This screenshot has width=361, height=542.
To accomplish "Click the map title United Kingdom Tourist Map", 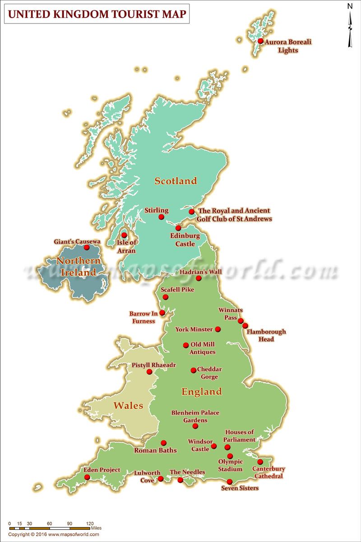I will (x=97, y=14).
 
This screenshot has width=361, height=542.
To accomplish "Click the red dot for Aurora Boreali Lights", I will (x=260, y=41).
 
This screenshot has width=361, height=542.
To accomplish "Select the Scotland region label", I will (x=176, y=181).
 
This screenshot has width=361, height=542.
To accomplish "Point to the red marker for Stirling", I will (x=162, y=217).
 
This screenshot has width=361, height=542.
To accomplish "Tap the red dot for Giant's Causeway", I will (x=86, y=248).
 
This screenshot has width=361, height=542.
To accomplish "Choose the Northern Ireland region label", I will (x=78, y=266).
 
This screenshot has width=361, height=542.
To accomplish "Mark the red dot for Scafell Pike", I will (x=166, y=297).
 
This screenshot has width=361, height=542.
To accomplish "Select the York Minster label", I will (x=194, y=329).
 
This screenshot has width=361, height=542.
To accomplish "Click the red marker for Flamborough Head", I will (x=245, y=326).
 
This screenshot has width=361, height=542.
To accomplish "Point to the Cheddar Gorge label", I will (x=209, y=373).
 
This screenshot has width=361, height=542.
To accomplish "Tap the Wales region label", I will (x=128, y=405).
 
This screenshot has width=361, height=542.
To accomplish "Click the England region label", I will (x=202, y=392).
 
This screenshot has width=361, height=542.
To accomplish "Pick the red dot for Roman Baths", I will (x=163, y=443).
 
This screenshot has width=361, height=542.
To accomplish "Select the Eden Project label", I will (x=102, y=470).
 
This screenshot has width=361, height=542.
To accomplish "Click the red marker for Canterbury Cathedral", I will (x=260, y=462).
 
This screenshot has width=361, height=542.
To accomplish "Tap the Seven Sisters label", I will (x=240, y=488).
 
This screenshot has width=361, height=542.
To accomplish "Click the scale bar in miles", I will (x=50, y=528).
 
